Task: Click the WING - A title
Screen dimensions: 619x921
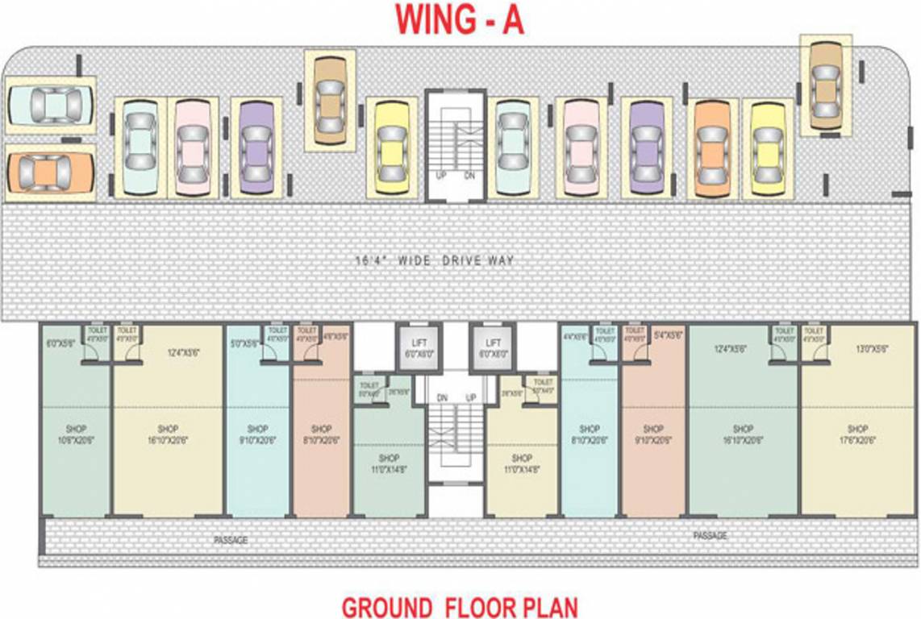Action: [x=460, y=20]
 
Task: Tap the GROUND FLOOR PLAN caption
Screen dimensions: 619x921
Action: [x=460, y=605]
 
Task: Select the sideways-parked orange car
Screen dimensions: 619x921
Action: [x=50, y=170]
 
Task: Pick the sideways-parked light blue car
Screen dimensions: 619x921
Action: [x=50, y=105]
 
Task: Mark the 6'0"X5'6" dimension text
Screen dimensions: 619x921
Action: [x=61, y=343]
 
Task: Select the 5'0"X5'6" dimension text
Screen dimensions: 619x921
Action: [x=243, y=343]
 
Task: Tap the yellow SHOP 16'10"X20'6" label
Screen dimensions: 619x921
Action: [x=168, y=434]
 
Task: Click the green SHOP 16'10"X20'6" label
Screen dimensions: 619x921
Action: [x=743, y=434]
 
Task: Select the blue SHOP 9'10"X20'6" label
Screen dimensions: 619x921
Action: [x=257, y=434]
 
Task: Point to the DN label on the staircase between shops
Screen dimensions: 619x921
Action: [x=442, y=398]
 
